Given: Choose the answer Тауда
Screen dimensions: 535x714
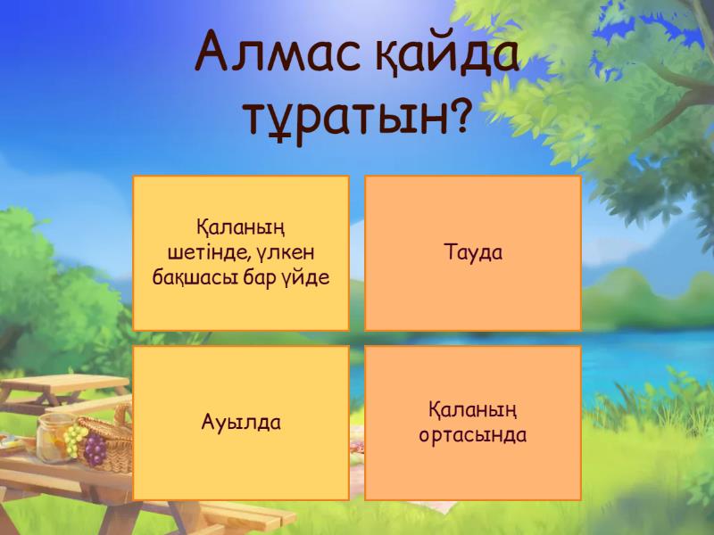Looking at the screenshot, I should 473,253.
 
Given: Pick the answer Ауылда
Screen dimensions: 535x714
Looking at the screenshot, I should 241,423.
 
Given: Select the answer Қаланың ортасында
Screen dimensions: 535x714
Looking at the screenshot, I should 473,423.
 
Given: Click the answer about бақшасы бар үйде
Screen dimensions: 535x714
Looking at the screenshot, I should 241,253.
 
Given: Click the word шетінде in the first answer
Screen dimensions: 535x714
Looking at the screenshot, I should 212,253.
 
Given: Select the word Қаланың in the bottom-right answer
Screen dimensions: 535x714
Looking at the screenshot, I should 473,411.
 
